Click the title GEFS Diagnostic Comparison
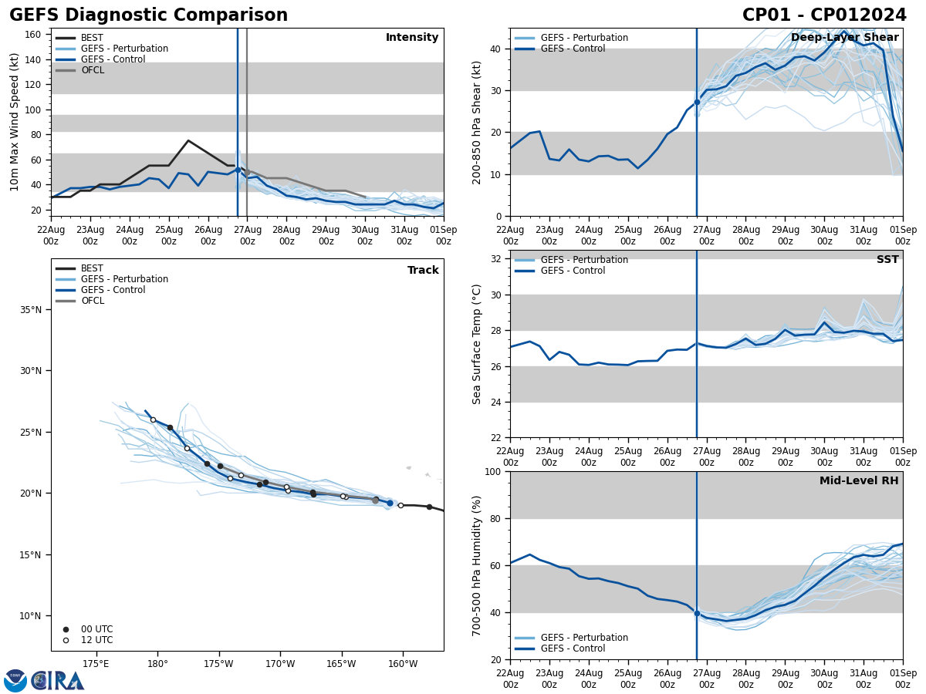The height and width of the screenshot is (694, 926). pyautogui.click(x=148, y=15)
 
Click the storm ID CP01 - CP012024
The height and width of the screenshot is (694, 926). pyautogui.click(x=824, y=15)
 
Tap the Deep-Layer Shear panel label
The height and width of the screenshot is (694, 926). pyautogui.click(x=844, y=38)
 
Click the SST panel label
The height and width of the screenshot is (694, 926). pyautogui.click(x=887, y=260)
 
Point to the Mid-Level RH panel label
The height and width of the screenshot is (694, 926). pyautogui.click(x=859, y=481)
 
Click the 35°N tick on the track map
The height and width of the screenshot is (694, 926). pyautogui.click(x=32, y=310)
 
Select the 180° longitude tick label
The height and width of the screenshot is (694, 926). pyautogui.click(x=157, y=664)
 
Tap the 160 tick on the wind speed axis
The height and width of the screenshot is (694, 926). pyautogui.click(x=32, y=35)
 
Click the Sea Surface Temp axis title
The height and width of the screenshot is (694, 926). pyautogui.click(x=477, y=344)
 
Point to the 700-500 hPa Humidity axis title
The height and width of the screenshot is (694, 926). pyautogui.click(x=477, y=566)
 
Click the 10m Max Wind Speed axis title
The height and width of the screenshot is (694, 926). pyautogui.click(x=15, y=122)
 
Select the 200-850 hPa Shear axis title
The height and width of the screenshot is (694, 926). pyautogui.click(x=477, y=122)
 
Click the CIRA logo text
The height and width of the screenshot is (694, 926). pyautogui.click(x=58, y=681)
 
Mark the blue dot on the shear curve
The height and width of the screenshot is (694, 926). pyautogui.click(x=697, y=102)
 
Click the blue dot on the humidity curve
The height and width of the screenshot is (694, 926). pyautogui.click(x=697, y=613)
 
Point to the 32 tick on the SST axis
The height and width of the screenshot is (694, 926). pyautogui.click(x=497, y=259)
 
